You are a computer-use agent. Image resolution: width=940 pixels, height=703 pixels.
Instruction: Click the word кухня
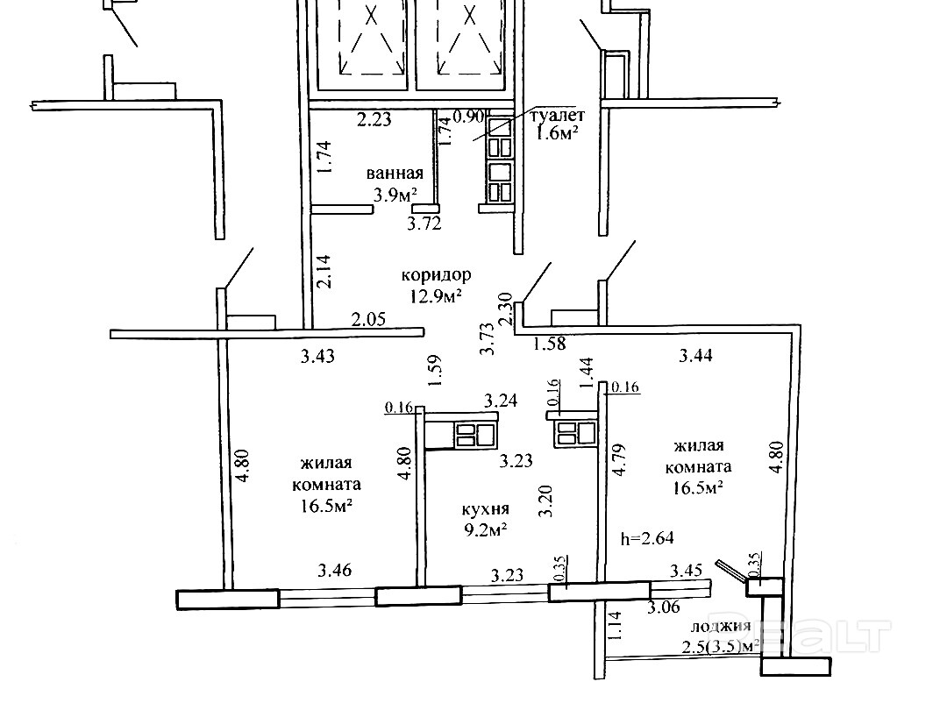click(487, 508)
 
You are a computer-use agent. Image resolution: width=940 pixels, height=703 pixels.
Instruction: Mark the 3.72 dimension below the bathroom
click(424, 224)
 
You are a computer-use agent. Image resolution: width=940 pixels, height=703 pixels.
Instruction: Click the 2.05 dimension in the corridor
click(368, 320)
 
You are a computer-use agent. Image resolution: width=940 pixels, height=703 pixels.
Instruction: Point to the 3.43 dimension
click(317, 356)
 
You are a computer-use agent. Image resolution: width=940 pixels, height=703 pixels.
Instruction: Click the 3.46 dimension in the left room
click(333, 571)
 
